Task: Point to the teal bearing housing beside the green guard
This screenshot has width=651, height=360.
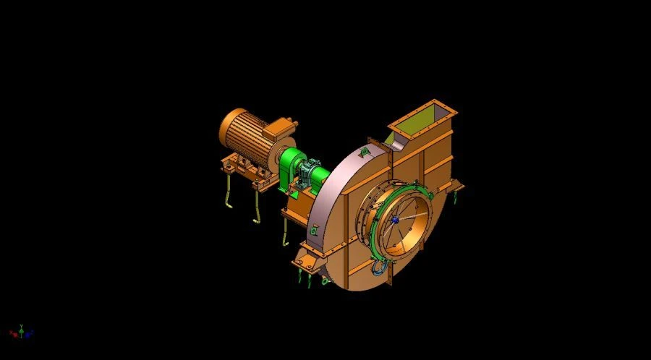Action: (314, 173)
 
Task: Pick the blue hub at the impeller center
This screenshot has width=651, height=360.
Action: (395, 220)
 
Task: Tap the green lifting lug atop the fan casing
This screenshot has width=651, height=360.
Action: (365, 151)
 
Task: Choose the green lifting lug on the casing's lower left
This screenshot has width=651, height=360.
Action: (314, 230)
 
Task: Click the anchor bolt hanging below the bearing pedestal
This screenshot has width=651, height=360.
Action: (286, 233)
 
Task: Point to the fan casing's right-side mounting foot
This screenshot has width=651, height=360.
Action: (456, 189)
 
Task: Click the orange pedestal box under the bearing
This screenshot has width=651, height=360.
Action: (299, 210)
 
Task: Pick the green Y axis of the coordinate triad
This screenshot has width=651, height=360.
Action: (21, 327)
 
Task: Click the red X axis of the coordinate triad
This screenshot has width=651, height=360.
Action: (13, 333)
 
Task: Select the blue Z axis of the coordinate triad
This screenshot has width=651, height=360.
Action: (30, 333)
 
